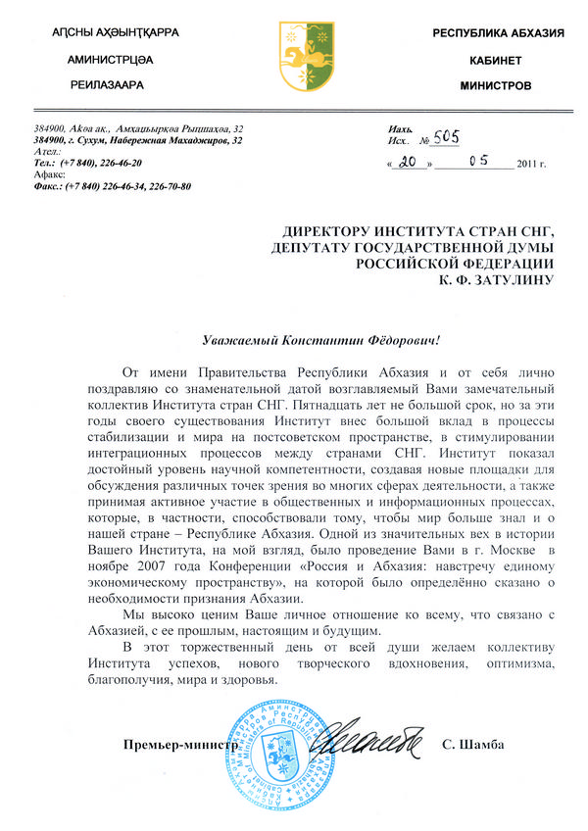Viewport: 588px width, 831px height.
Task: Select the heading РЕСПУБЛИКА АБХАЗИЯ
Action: pos(499,34)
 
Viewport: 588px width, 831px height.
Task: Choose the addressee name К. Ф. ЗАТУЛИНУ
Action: pos(496,279)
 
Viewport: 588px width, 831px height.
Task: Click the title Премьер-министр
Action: pos(181,745)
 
